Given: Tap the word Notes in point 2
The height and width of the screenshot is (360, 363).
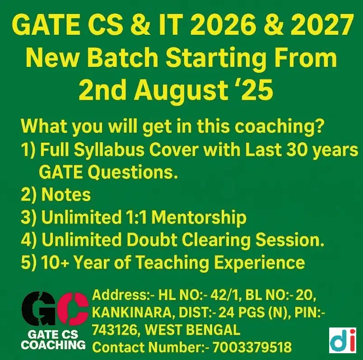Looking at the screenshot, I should coord(66,195).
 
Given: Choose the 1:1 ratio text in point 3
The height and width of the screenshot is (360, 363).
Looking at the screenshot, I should coord(136,217).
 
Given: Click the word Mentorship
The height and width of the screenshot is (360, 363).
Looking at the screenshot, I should coord(199,217).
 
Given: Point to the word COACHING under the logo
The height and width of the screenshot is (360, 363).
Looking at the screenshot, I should coord(54,345).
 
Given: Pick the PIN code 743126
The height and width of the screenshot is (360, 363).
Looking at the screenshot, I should coord(114,330).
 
